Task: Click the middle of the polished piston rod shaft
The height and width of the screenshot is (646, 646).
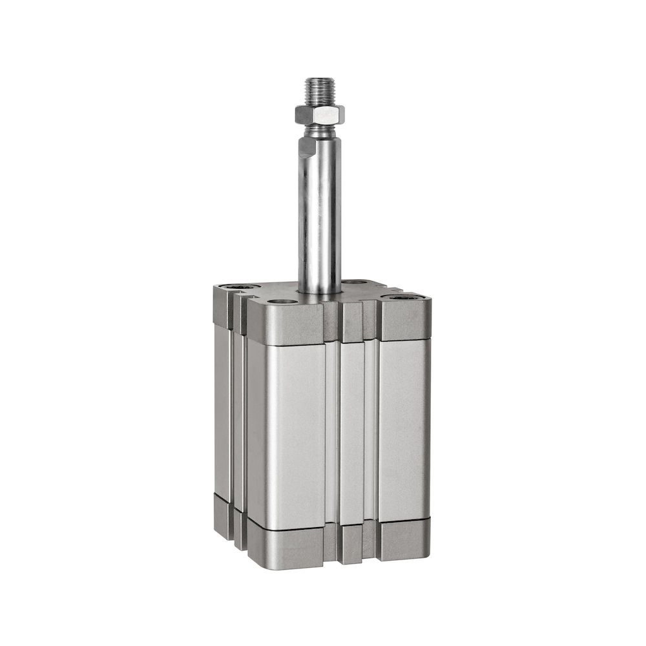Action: coord(319,213)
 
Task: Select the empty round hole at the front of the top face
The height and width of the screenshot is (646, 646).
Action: coord(278,302)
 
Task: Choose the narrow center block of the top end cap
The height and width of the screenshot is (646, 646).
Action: coord(352,322)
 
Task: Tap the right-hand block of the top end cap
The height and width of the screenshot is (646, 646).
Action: coord(404,321)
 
